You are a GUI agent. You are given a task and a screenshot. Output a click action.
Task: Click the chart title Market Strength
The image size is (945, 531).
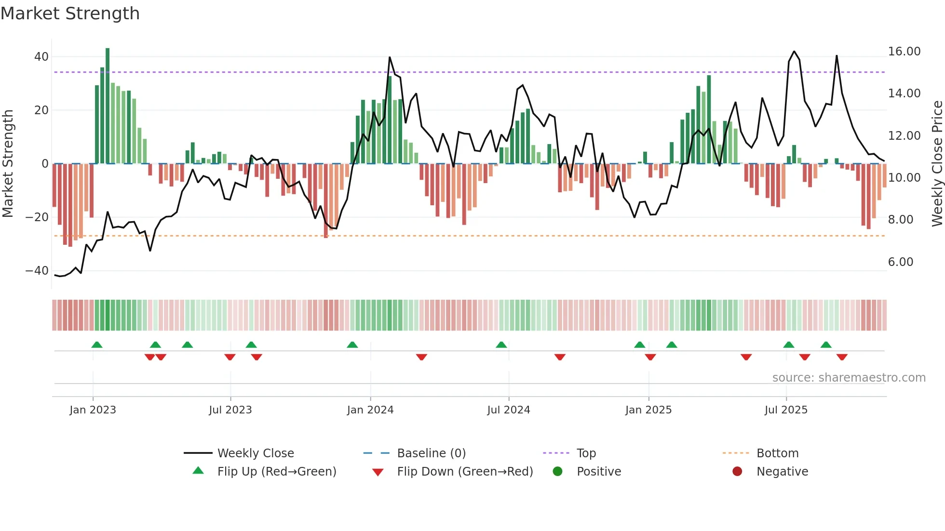point(70,13)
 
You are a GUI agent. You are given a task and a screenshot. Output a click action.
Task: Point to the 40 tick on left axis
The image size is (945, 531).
point(41,57)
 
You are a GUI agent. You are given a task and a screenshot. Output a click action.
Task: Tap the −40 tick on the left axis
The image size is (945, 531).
point(37,271)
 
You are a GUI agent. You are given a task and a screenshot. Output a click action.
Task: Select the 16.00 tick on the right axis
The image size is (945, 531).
point(904,52)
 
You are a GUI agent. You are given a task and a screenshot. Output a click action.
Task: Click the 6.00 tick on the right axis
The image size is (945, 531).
point(900,262)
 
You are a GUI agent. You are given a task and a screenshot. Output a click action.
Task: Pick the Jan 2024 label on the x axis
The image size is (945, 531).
point(370,410)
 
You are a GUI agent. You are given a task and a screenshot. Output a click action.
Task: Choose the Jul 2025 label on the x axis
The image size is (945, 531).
point(785,410)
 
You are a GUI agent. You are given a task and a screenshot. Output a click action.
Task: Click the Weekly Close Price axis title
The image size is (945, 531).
point(937,163)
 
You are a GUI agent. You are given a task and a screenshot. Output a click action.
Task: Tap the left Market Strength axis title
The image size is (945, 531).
point(8,163)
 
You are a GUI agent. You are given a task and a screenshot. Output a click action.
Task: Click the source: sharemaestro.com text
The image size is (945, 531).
point(849,378)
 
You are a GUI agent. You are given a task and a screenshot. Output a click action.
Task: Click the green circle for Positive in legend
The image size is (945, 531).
point(558,472)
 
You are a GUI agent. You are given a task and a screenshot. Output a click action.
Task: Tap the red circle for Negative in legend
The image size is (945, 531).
point(737,472)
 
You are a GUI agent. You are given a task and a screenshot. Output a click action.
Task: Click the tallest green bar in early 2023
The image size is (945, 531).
point(108,106)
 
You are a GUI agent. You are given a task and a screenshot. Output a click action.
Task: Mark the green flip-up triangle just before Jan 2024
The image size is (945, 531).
point(352,345)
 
